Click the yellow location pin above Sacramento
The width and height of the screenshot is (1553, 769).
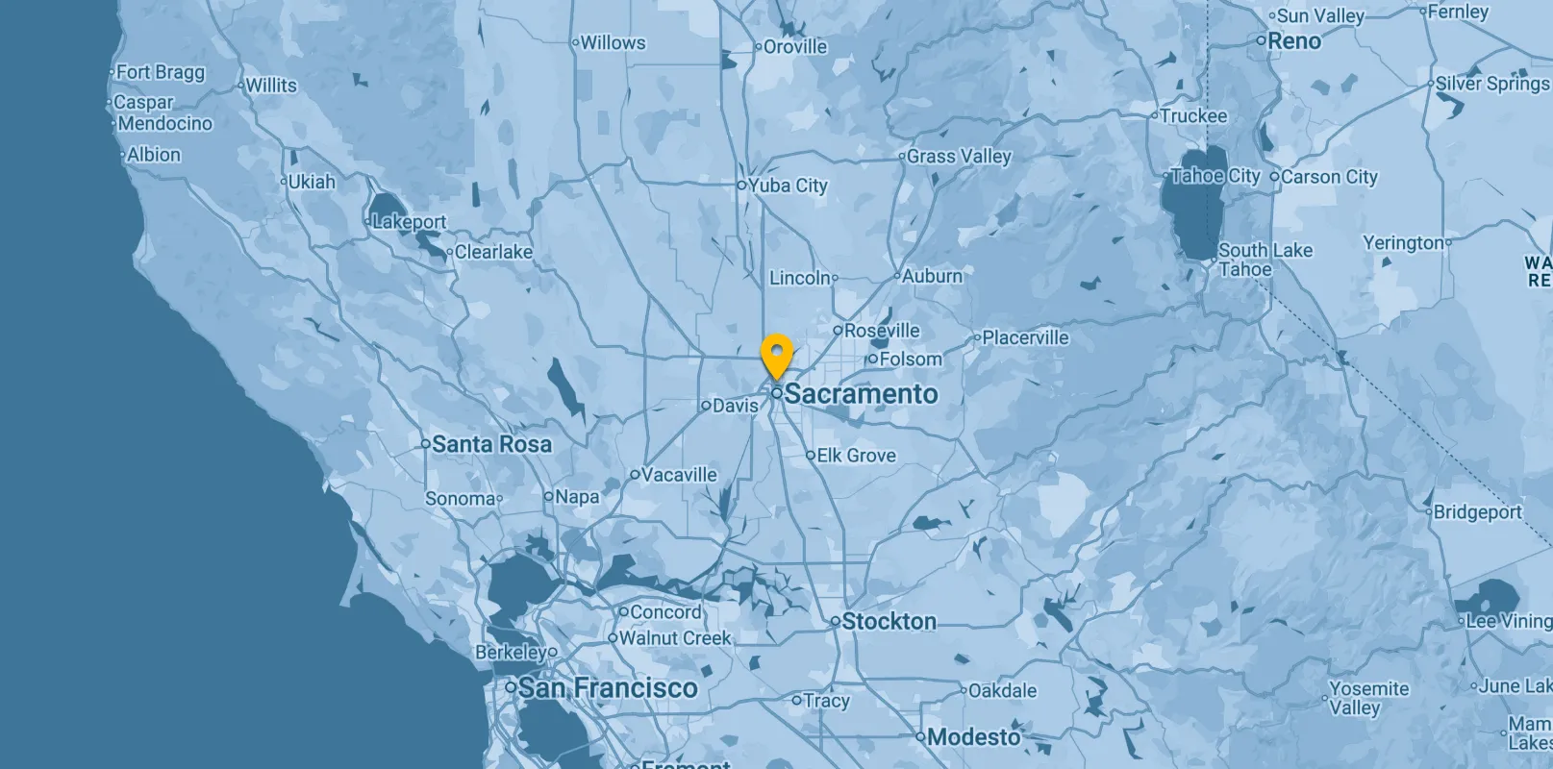[x=776, y=355]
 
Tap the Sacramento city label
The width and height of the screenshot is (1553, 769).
[x=861, y=394]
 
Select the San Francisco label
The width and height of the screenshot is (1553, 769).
[x=608, y=688]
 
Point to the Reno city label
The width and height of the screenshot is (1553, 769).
[x=1294, y=41]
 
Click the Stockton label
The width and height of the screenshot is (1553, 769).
[x=889, y=622]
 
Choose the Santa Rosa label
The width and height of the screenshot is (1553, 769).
[x=491, y=444]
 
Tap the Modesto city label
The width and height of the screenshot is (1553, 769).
[x=973, y=737]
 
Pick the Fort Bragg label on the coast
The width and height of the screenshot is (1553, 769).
[x=160, y=72]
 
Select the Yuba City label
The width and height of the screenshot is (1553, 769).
[x=788, y=186]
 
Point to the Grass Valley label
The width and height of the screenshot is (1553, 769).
[x=959, y=156]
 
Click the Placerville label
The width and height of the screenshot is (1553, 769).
[x=1025, y=337]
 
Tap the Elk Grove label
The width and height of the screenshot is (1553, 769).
[x=856, y=456]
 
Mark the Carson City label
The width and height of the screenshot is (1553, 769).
[x=1329, y=177]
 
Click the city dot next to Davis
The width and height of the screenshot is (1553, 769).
[x=706, y=406]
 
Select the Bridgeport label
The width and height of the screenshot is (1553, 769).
[x=1477, y=512]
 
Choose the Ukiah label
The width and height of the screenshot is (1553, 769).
[x=312, y=182]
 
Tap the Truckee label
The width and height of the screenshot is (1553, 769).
[x=1193, y=116]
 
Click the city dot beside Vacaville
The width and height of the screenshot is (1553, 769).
[x=635, y=475]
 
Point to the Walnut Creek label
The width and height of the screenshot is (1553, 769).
[x=674, y=638]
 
